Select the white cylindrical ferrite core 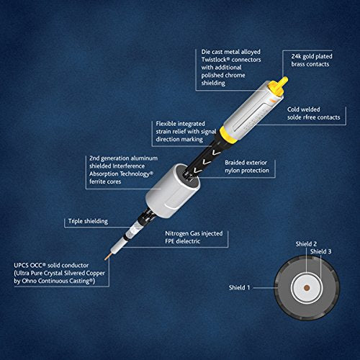tap(173, 190)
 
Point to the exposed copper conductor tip tap(108, 256)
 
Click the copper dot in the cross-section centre tap(307, 288)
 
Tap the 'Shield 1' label tap(239, 287)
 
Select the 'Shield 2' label tap(306, 244)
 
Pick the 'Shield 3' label tap(320, 251)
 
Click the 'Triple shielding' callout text tap(88, 221)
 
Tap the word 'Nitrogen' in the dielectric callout tap(176, 233)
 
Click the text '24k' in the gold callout tap(296, 56)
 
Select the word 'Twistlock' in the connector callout tap(214, 60)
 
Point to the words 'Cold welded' tap(304, 109)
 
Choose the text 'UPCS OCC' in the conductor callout tap(30, 266)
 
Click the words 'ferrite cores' tap(105, 181)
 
